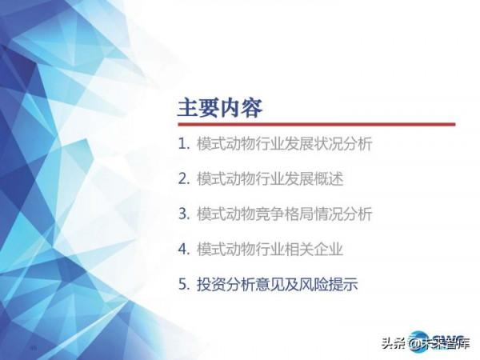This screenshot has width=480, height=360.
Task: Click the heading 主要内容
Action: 219,107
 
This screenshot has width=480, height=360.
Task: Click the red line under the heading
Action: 316,124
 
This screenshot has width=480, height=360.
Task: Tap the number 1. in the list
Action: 184,145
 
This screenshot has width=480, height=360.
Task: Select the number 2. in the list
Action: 184,179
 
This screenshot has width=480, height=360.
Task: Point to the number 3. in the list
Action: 184,214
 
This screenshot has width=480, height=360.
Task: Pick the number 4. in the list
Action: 184,249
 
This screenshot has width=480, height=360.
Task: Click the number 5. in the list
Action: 184,284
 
